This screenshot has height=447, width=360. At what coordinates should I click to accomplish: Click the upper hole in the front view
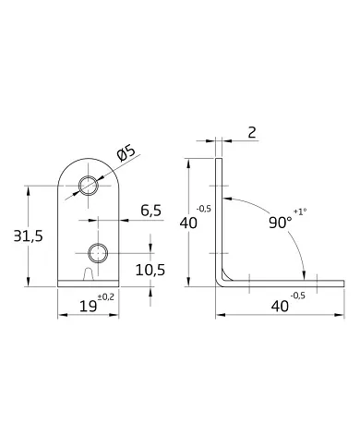coord(89,186)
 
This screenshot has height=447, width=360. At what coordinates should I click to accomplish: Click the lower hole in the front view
coord(99,251)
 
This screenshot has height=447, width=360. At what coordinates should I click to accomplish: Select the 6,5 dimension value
coord(150,211)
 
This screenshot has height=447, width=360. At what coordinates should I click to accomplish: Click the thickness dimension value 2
coord(252,133)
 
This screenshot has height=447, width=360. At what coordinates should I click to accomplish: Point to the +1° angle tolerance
coord(301,212)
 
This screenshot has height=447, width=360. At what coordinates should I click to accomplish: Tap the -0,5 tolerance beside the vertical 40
coord(204,209)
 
